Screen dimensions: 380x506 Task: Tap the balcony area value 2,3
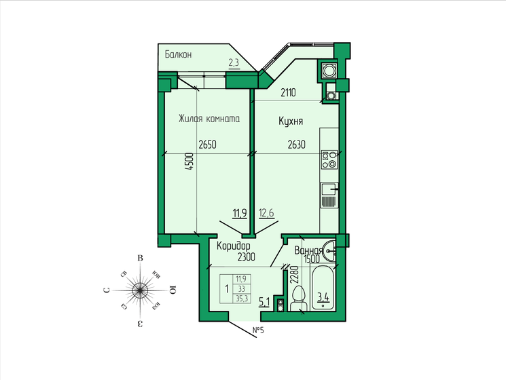tap(234, 63)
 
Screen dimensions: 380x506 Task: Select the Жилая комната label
tap(209, 119)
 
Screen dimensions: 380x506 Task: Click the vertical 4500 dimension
tap(191, 164)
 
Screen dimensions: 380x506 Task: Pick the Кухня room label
tap(290, 121)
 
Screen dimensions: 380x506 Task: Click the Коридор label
tap(233, 246)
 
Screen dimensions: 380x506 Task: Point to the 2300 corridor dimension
tap(246, 256)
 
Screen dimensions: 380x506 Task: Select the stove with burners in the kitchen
tap(329, 159)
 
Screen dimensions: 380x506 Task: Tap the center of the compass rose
tap(139, 290)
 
